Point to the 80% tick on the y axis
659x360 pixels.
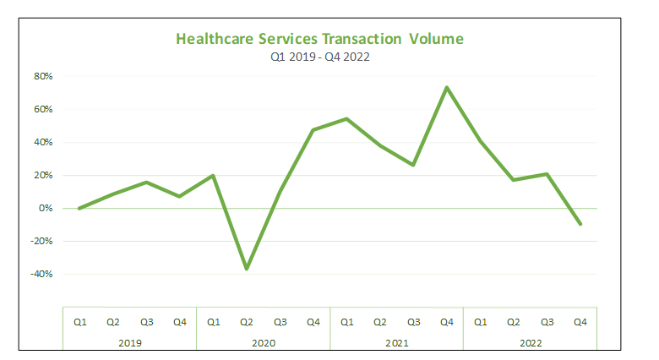click(x=43, y=76)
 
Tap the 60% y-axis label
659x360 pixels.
click(x=43, y=109)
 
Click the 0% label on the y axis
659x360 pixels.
click(x=46, y=208)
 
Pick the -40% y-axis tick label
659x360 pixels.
click(x=41, y=274)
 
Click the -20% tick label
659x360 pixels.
click(x=41, y=241)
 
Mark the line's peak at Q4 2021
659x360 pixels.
click(x=447, y=87)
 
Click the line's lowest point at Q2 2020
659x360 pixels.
click(x=246, y=269)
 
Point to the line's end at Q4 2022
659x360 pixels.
click(x=580, y=224)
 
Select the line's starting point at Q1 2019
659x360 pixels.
click(x=79, y=208)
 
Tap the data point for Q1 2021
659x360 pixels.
click(x=346, y=118)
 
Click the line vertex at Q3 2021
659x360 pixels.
click(x=413, y=165)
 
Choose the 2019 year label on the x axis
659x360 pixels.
click(x=129, y=343)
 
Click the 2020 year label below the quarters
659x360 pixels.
click(x=263, y=343)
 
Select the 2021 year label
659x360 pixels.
click(x=396, y=343)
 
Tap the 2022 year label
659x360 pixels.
click(x=530, y=343)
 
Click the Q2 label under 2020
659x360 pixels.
click(x=246, y=322)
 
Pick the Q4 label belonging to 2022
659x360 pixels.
click(x=580, y=322)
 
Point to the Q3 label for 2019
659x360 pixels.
click(x=146, y=322)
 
